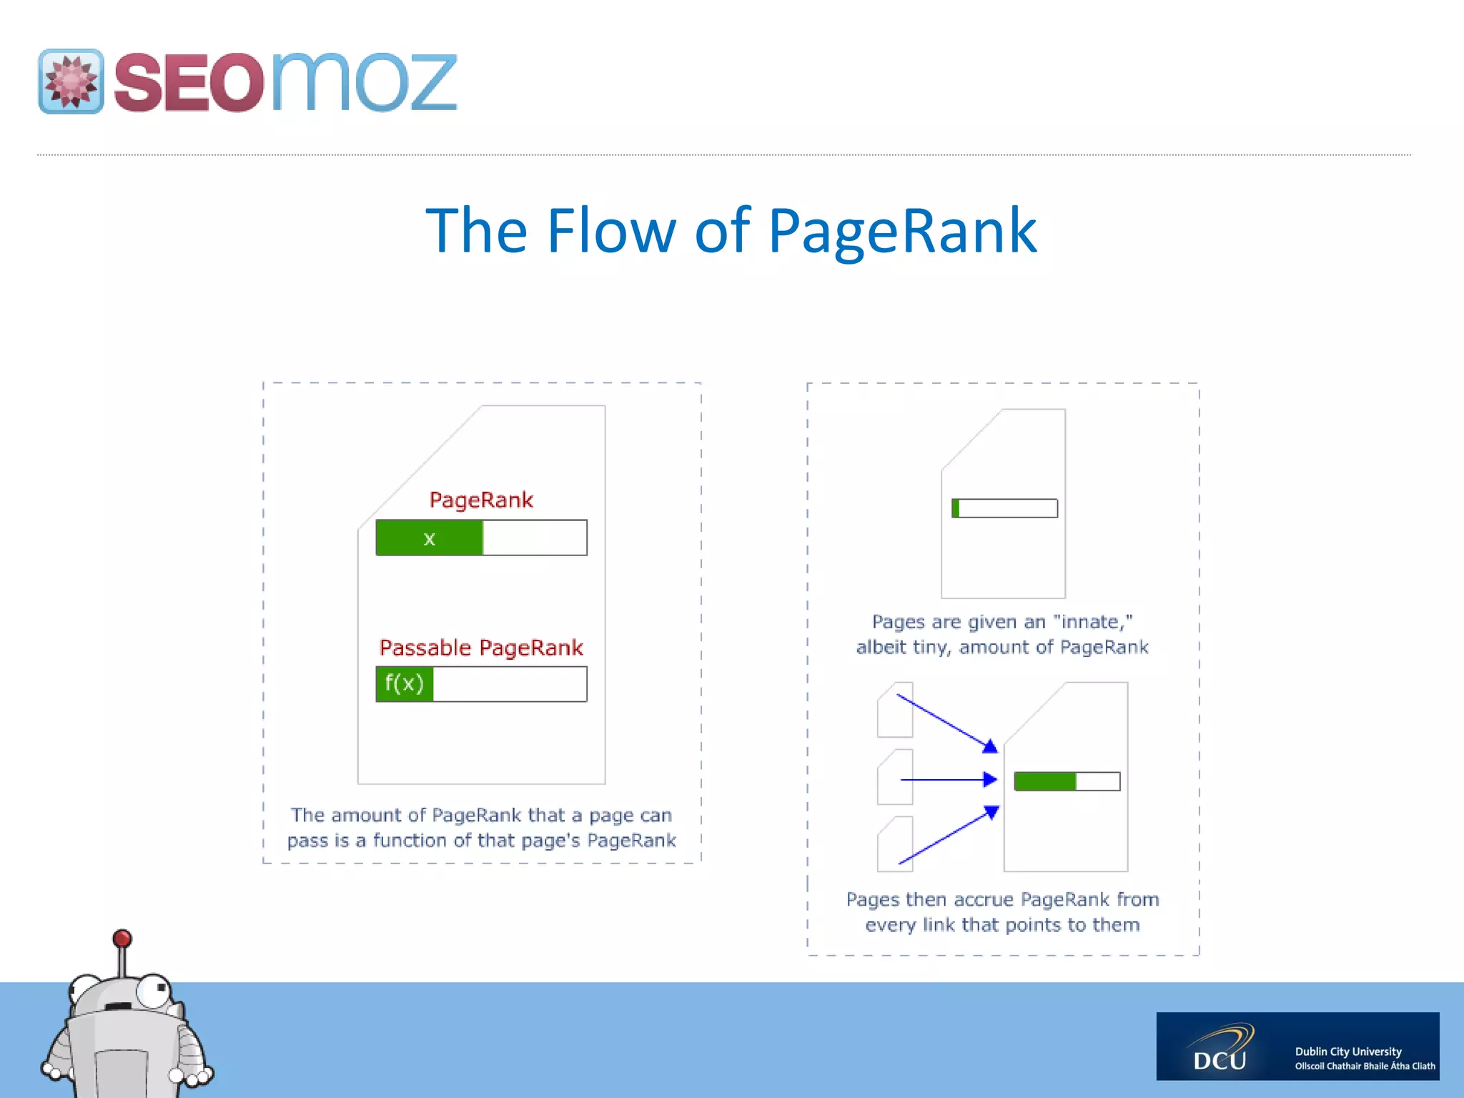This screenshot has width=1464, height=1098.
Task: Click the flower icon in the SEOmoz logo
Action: (71, 81)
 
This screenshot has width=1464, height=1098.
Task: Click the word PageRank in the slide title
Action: (902, 231)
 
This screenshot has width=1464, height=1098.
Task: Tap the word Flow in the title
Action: (611, 231)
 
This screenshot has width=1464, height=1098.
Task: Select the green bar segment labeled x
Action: (429, 538)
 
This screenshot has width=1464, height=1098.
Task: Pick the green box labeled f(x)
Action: (405, 684)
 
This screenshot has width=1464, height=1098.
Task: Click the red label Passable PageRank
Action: (481, 648)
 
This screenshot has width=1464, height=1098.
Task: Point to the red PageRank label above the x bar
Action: (481, 500)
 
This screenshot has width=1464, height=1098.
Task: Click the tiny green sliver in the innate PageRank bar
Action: (956, 508)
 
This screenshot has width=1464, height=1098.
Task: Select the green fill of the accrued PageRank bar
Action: (1044, 781)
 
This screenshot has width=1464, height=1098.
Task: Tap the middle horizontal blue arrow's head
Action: (991, 779)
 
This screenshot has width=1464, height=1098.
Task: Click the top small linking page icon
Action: (895, 710)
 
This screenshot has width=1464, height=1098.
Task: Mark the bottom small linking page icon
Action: (895, 844)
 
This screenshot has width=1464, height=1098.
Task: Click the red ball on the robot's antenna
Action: (122, 938)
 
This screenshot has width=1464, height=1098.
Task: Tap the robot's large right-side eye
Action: (154, 990)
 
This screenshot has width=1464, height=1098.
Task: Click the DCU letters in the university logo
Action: (1220, 1059)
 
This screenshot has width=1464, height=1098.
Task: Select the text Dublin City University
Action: (1348, 1052)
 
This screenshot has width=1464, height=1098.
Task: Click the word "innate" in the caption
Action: (1092, 622)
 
